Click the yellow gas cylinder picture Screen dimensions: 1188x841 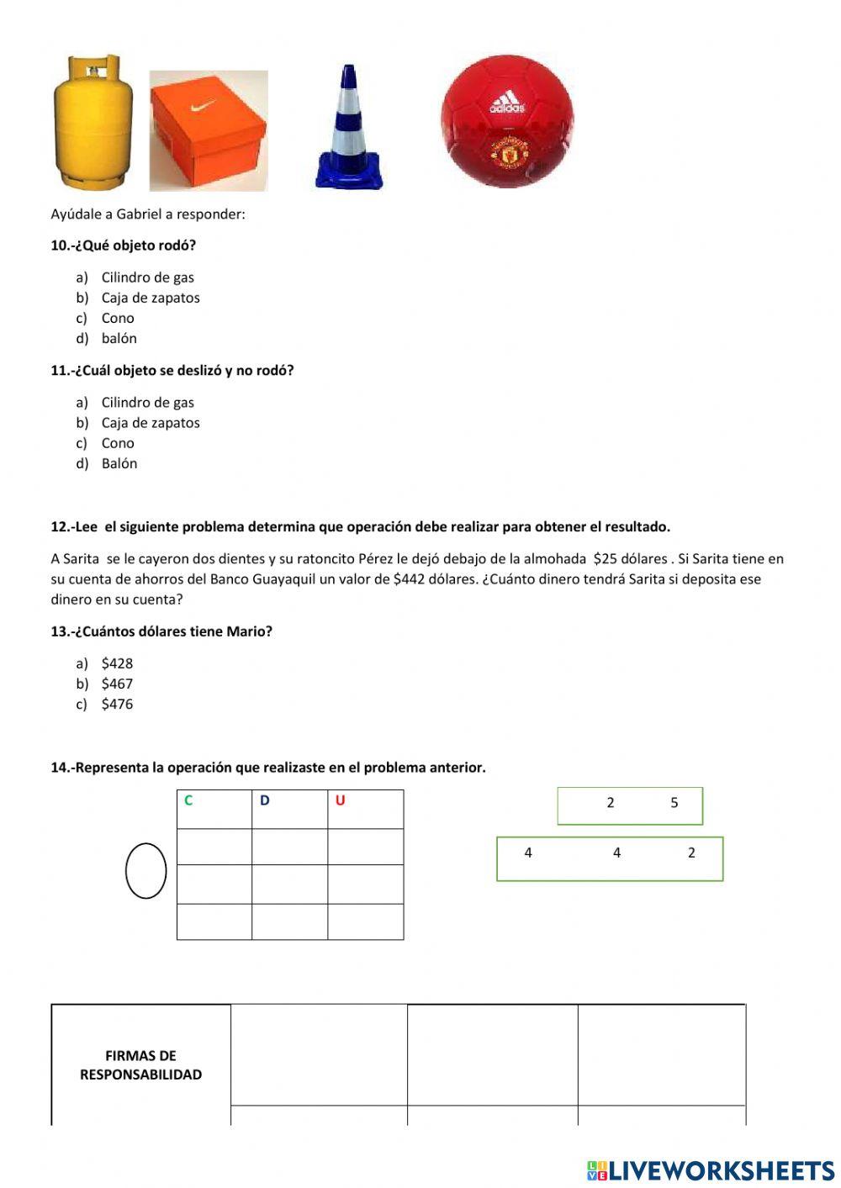pyautogui.click(x=93, y=122)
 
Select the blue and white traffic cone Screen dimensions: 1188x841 pyautogui.click(x=349, y=128)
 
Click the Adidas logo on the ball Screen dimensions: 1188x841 pyautogui.click(x=507, y=105)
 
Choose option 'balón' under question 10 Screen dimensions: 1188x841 pyautogui.click(x=119, y=338)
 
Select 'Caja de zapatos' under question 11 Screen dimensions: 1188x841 pyautogui.click(x=151, y=423)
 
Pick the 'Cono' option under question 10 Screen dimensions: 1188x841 pyautogui.click(x=118, y=318)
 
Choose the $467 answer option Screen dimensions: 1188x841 pyautogui.click(x=117, y=684)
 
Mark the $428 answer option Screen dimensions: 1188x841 pyautogui.click(x=117, y=663)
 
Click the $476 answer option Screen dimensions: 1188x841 pyautogui.click(x=117, y=704)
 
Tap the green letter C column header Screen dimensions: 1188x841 pyautogui.click(x=188, y=800)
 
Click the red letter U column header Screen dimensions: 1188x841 pyautogui.click(x=340, y=800)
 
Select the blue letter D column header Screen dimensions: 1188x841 pyautogui.click(x=264, y=800)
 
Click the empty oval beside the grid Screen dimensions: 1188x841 pyautogui.click(x=146, y=870)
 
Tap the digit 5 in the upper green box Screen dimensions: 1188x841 pyautogui.click(x=674, y=803)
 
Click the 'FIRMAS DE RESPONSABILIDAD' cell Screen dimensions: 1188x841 pyautogui.click(x=141, y=1064)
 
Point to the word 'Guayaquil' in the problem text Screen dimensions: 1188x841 pyautogui.click(x=283, y=579)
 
